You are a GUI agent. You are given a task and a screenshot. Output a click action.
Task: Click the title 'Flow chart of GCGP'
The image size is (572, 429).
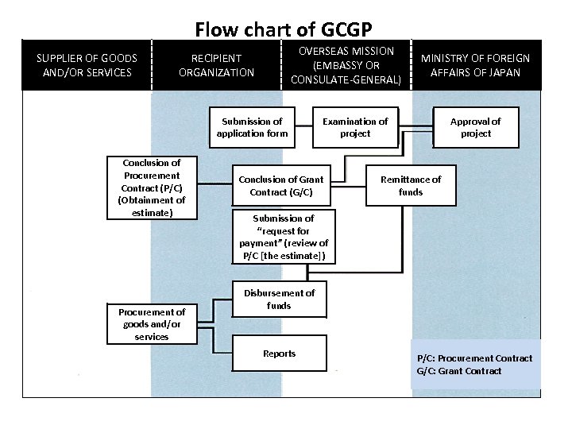[x=284, y=29]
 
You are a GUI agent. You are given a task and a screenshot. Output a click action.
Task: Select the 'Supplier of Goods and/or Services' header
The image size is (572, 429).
[x=87, y=65]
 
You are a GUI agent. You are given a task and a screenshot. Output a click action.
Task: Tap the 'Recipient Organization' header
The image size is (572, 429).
[x=216, y=65]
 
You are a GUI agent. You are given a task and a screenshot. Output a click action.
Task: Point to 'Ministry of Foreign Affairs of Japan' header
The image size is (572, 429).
[x=475, y=65]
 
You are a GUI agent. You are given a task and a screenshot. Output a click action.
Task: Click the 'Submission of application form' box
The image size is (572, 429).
[x=252, y=127]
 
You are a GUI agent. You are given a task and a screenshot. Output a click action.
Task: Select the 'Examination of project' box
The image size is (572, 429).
[x=355, y=127]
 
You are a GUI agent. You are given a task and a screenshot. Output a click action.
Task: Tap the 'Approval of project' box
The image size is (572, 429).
[x=475, y=127]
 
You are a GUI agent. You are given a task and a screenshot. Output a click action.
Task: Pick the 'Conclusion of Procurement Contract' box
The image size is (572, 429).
[x=152, y=187]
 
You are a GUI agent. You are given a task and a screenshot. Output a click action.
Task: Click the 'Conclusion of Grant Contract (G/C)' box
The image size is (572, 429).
[x=280, y=186]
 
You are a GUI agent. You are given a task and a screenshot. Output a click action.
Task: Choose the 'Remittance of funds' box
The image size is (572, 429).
[x=410, y=186]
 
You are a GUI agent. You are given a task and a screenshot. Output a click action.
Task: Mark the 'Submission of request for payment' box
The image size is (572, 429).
[x=284, y=237]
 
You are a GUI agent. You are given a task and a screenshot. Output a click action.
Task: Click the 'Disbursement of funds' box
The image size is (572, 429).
[x=279, y=300]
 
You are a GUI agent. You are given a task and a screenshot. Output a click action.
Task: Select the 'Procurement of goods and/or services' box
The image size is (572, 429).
[x=152, y=324]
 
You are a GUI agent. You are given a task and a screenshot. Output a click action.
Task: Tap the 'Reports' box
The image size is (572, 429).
[x=279, y=354]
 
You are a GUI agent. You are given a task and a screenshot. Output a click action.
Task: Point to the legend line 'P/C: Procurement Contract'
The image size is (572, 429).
[x=475, y=358]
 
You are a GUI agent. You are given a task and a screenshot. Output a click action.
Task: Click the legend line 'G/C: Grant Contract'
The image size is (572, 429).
[x=459, y=371]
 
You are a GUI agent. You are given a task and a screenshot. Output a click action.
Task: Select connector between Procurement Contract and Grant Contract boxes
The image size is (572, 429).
[x=214, y=186]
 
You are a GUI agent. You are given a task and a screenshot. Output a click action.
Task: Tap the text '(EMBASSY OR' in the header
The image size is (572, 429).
[x=346, y=65]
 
